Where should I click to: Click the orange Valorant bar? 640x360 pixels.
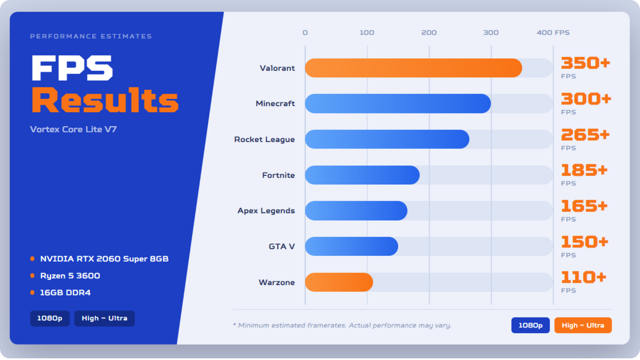[x=413, y=68]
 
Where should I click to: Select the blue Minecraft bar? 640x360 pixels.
[x=398, y=103]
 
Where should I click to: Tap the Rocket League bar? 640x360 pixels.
[x=387, y=139]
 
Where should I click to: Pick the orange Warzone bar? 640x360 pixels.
[x=339, y=282]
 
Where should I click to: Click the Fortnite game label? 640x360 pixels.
[x=278, y=175]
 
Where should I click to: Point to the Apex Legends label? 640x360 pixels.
[x=266, y=211]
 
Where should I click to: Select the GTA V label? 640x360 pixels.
[x=282, y=246]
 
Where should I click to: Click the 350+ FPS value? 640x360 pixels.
[x=585, y=63]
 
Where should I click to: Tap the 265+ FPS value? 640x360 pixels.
[x=585, y=134]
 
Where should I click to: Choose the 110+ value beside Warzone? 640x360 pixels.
[x=583, y=277]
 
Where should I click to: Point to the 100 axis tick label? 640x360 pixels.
[x=367, y=32]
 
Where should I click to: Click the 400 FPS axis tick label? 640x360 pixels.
[x=553, y=32]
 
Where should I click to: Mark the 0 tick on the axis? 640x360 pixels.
[x=305, y=32]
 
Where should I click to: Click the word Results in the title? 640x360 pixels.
[x=105, y=100]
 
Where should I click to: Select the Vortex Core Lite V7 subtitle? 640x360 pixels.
[x=73, y=129]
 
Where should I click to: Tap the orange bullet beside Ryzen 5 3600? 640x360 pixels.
[x=32, y=276]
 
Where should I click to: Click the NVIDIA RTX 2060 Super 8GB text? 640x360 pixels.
[x=104, y=259]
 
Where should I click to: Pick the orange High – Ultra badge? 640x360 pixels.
[x=583, y=325]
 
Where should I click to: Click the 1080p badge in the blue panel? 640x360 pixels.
[x=50, y=318]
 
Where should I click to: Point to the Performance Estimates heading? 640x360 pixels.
[x=91, y=36]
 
